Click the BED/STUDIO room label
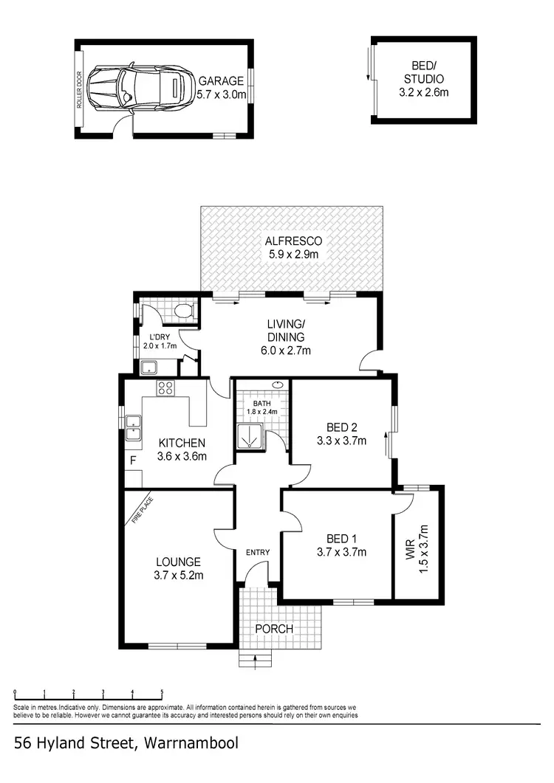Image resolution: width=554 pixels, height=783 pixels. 424,78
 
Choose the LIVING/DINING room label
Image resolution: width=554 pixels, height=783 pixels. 286,337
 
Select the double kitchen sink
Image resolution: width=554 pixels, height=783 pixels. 133,427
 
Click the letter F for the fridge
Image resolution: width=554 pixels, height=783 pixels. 134,461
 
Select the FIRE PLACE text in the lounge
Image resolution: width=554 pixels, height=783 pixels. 143,509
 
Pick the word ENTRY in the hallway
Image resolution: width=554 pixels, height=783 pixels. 258,553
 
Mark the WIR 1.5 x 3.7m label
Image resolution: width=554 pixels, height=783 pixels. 417,544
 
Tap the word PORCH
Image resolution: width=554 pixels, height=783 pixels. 274,629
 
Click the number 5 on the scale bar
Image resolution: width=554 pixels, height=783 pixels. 162,692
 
